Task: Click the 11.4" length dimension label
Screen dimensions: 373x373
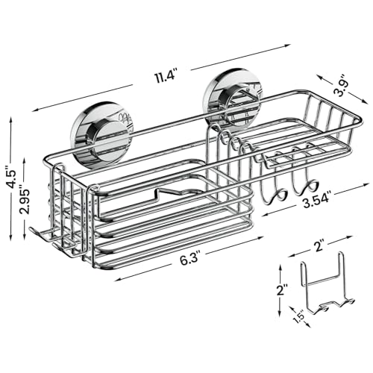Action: [166, 76]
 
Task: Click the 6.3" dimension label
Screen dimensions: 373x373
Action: [189, 260]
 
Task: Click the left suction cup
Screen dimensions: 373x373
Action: [102, 134]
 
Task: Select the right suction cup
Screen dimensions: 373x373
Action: [232, 96]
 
